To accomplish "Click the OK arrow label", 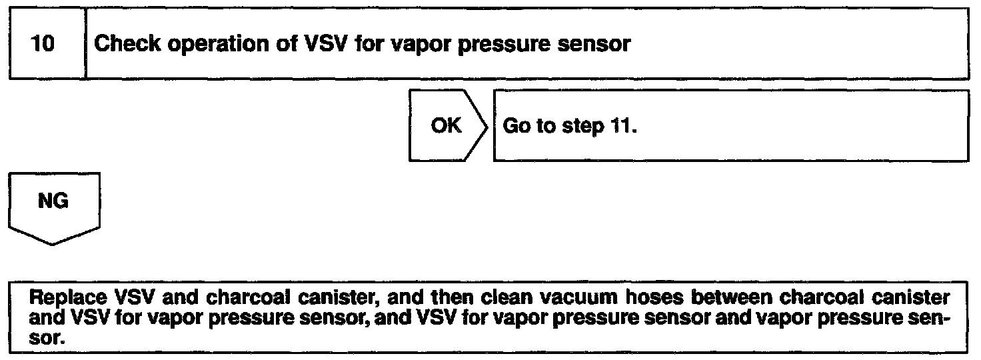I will pos(445,126).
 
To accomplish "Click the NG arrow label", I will pos(54,201).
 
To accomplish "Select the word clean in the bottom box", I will pos(475,295).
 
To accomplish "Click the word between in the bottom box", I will pos(682,295).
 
